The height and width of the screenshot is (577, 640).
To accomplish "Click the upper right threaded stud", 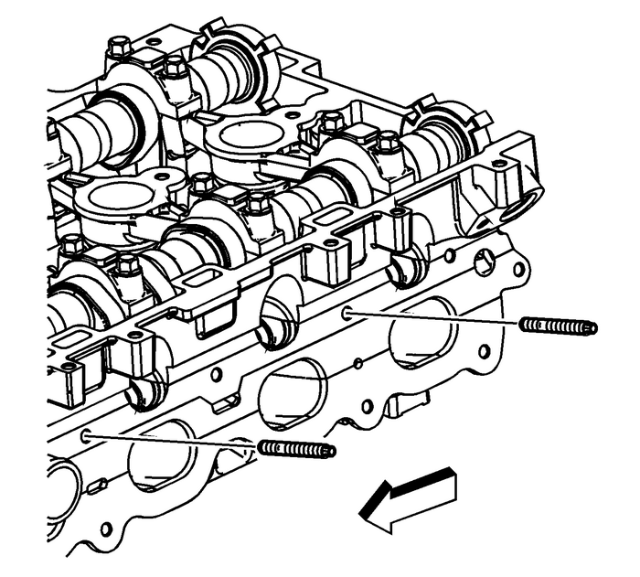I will click(558, 326).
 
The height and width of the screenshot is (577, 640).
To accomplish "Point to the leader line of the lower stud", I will click(174, 441).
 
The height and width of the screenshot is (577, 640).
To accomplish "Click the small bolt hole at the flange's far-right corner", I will click(521, 272).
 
